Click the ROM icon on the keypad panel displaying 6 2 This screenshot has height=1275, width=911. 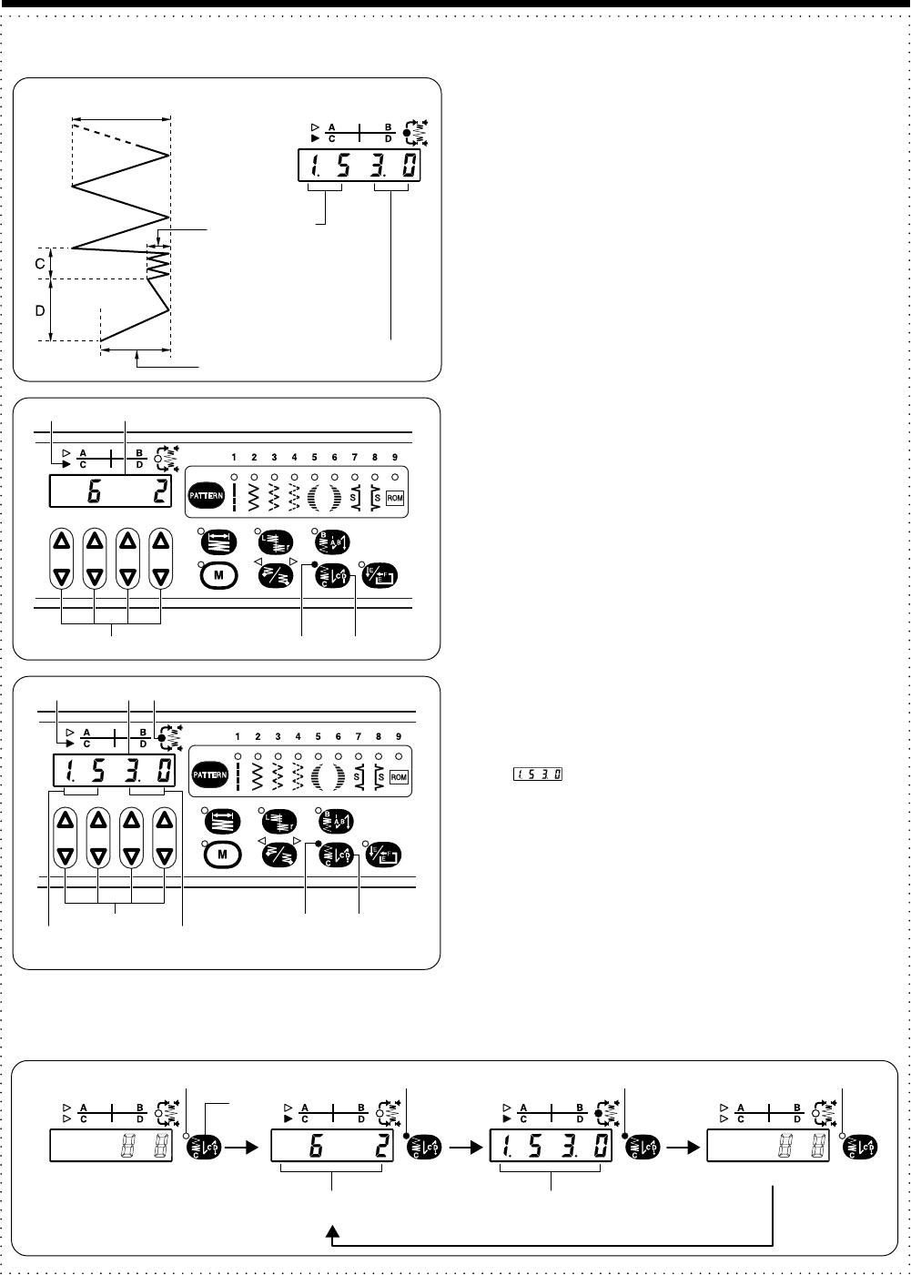395,498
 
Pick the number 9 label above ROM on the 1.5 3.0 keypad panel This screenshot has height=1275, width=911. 399,735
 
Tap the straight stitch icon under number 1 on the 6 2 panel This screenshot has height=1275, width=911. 235,496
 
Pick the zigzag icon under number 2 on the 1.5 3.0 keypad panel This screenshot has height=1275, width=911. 258,776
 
